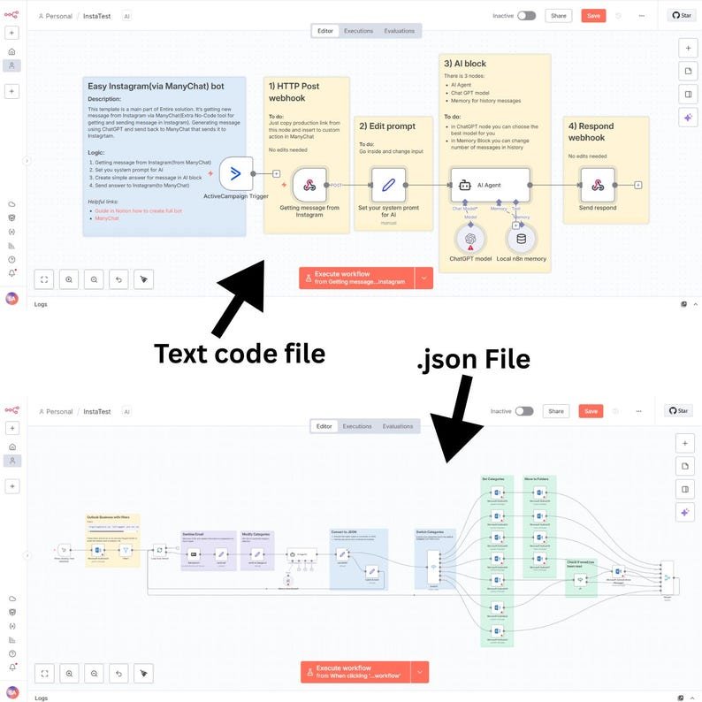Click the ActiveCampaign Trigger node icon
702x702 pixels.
tap(235, 173)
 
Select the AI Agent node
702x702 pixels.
tap(490, 185)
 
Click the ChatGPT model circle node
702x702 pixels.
tap(470, 237)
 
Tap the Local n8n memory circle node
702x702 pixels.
tap(521, 237)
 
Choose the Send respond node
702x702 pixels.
tap(598, 185)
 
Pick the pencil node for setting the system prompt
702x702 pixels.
tap(388, 185)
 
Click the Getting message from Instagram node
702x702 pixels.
tap(309, 185)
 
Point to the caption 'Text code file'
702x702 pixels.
tap(240, 353)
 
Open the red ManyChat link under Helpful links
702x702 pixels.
tap(107, 217)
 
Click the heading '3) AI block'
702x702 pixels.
tap(465, 64)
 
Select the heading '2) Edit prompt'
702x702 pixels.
tap(387, 125)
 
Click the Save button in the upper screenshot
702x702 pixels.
tap(593, 16)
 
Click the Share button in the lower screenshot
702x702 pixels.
tap(556, 411)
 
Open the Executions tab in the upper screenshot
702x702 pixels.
tap(358, 31)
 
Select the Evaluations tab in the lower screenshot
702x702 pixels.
tap(398, 426)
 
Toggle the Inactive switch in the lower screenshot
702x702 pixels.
tap(524, 411)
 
